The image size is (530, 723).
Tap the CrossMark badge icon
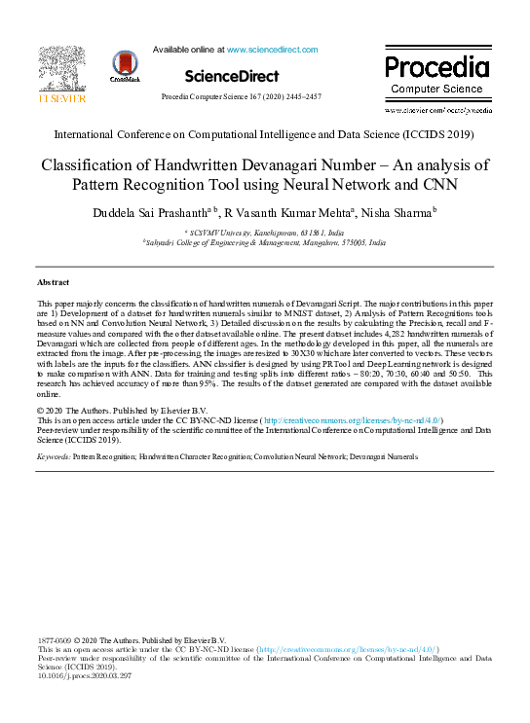pos(126,65)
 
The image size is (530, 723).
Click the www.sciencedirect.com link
pos(272,49)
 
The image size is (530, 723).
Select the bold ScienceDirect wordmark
pos(231,75)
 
